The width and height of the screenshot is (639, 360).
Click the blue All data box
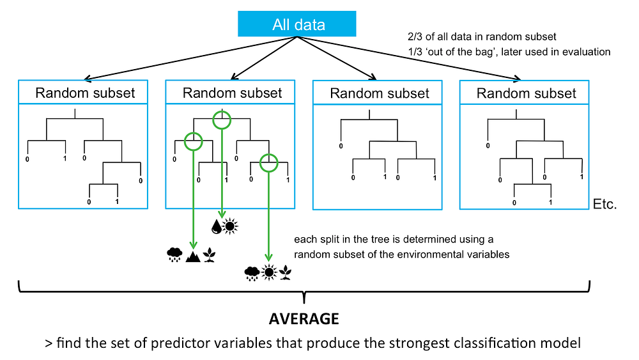[298, 25]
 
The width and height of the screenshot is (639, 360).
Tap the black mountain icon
[192, 256]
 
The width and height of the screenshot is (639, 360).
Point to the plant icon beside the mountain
[209, 256]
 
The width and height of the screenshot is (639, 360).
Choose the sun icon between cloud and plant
[268, 273]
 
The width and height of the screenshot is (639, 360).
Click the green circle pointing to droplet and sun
[221, 119]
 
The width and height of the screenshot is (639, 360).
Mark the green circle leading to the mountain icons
[193, 140]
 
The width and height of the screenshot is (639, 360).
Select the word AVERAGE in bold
[304, 318]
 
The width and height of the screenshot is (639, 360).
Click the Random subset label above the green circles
[232, 93]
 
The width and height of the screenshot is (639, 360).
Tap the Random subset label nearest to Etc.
[527, 93]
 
